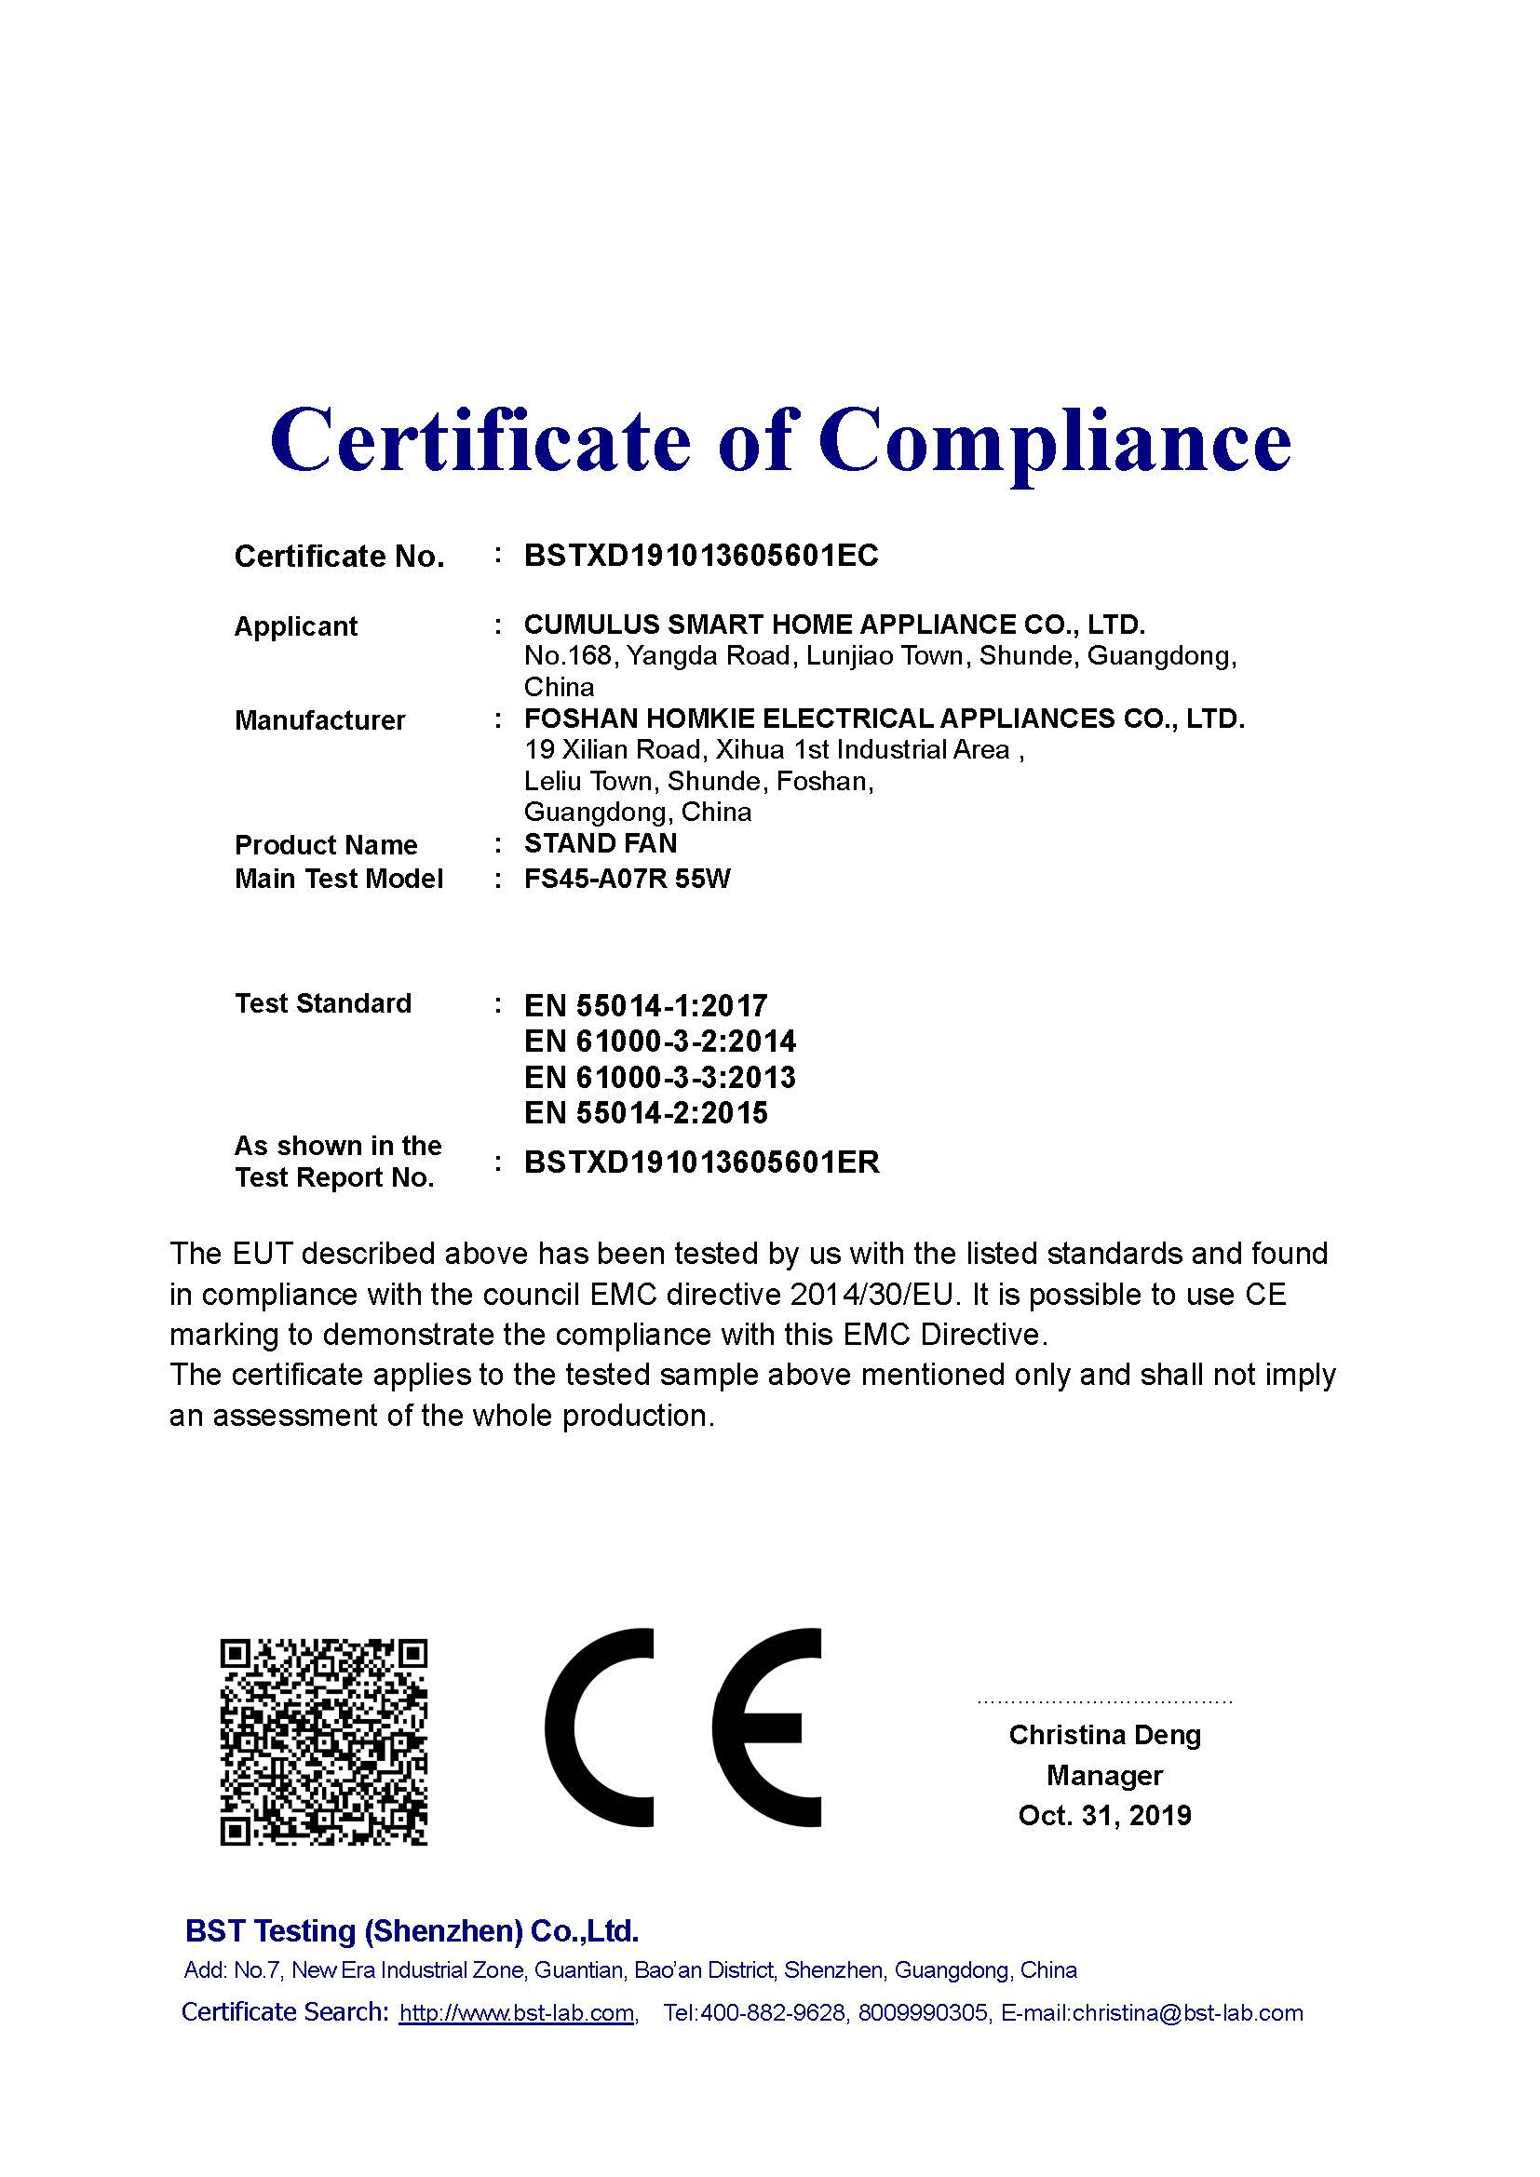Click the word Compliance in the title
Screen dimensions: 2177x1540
pos(1055,443)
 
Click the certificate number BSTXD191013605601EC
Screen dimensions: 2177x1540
pos(701,556)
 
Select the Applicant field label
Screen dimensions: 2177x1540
pos(296,626)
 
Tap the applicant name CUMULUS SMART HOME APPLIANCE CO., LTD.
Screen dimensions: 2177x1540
pos(834,625)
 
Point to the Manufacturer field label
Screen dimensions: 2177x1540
pos(319,720)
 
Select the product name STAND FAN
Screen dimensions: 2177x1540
pos(601,843)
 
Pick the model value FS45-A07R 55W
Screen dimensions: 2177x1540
pos(627,879)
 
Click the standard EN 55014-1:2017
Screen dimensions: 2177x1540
pos(645,1006)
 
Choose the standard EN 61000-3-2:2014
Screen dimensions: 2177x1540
pos(660,1042)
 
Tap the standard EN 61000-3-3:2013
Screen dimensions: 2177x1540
pos(660,1077)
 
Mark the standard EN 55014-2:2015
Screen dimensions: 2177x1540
pos(645,1113)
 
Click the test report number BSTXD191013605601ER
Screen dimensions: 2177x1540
pos(702,1162)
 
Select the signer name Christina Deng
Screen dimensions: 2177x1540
pos(1105,1735)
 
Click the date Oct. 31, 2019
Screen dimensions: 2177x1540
pos(1105,1816)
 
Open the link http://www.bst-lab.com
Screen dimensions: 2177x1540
pos(517,2013)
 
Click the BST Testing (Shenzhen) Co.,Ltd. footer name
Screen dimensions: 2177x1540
pos(412,1930)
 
